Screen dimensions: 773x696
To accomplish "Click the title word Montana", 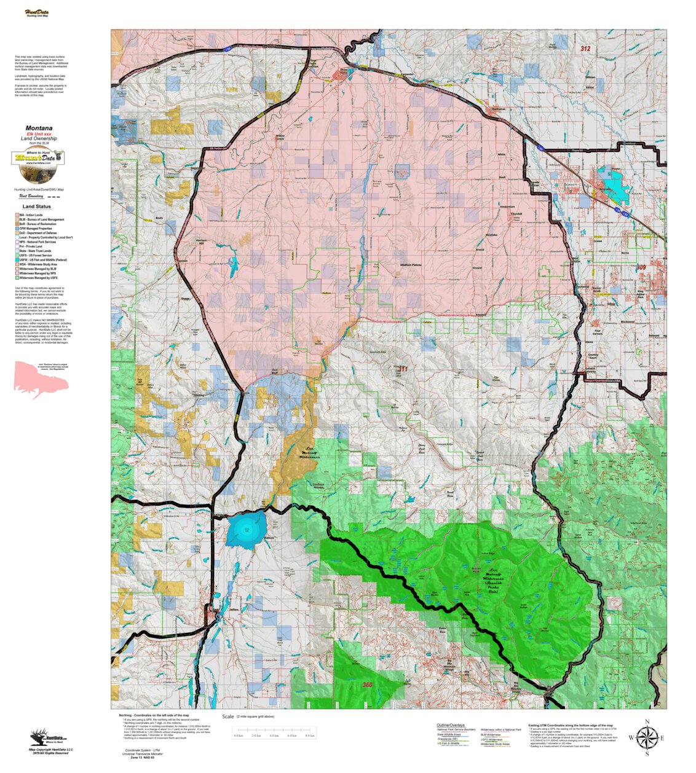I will (x=39, y=128).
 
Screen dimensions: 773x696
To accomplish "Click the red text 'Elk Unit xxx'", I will (x=39, y=134).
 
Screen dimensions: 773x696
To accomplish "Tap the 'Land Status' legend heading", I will (x=37, y=206).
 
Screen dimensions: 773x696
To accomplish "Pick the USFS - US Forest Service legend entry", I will (x=34, y=256).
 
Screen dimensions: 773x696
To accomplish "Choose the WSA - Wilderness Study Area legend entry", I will (x=38, y=264).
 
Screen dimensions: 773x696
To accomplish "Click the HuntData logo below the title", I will (x=38, y=158).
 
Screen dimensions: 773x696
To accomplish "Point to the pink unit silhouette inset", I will (x=41, y=380).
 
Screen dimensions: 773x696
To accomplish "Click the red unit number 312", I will (x=585, y=49).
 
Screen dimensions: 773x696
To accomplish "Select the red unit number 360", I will (x=368, y=685).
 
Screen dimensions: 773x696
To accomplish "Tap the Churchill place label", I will (x=516, y=214).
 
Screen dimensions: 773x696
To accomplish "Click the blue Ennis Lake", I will (x=246, y=530).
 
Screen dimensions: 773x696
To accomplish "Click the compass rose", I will (x=646, y=737).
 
